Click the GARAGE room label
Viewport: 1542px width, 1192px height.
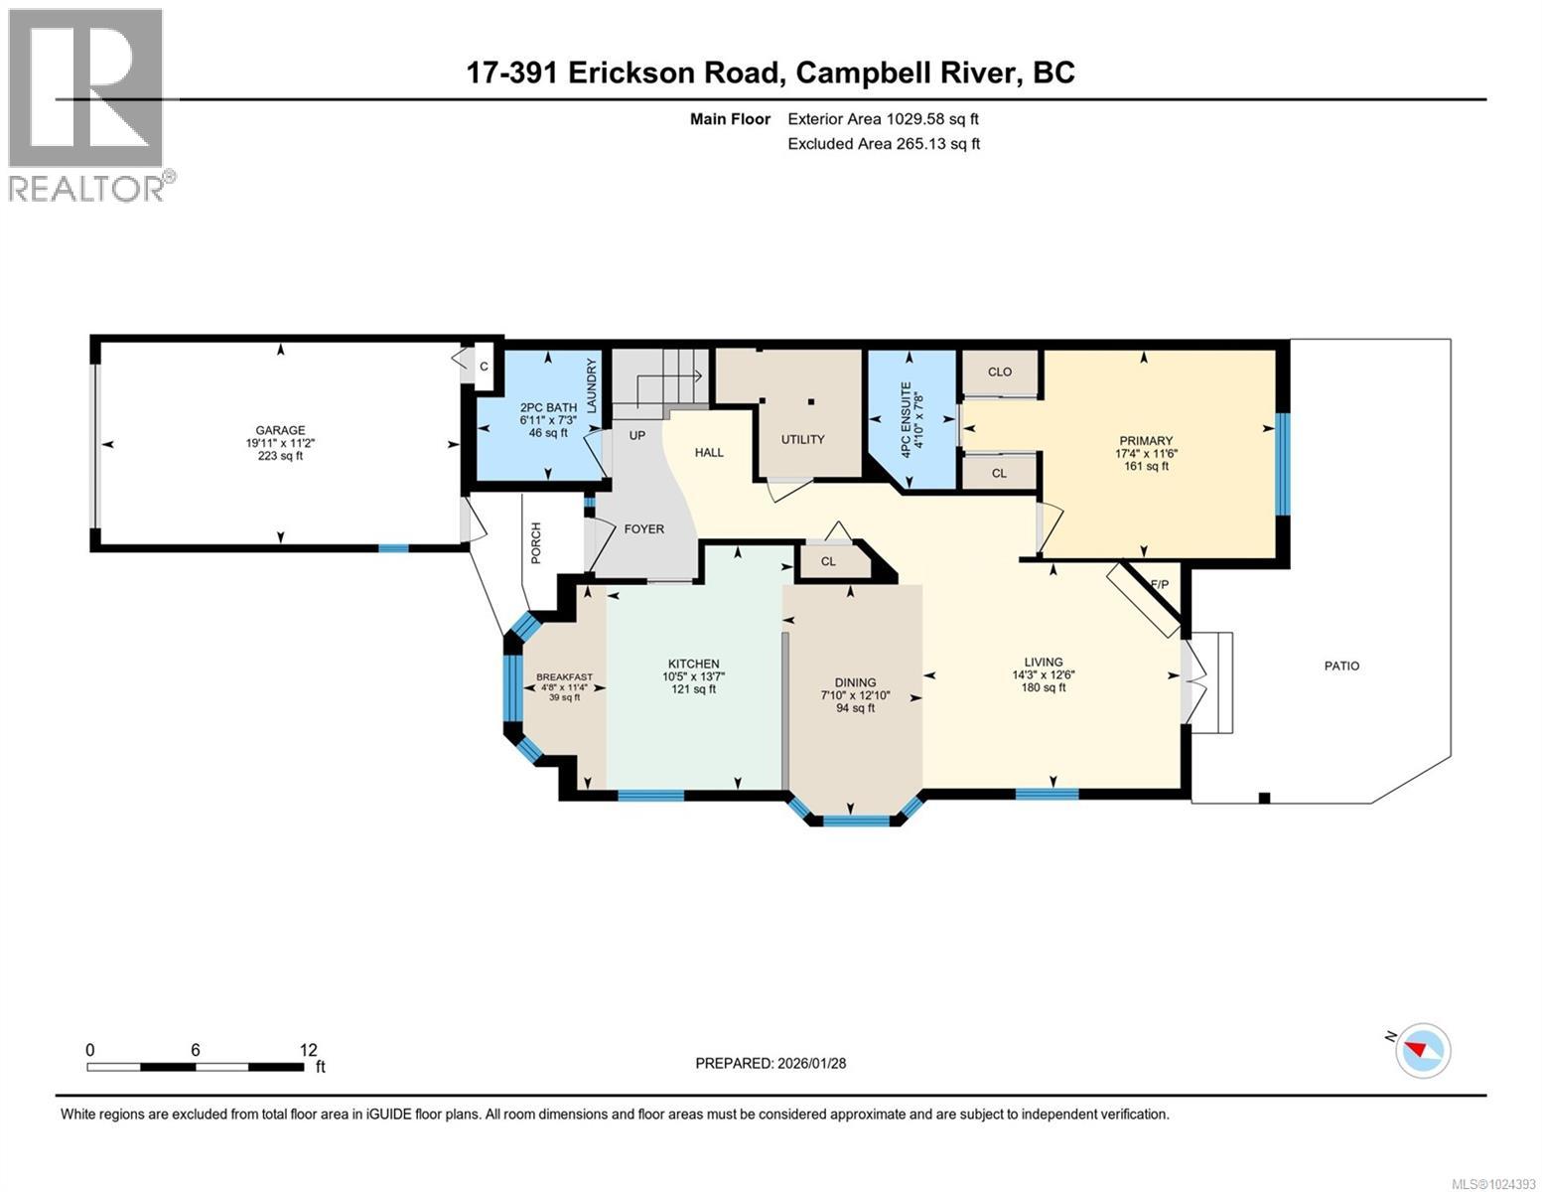coord(281,430)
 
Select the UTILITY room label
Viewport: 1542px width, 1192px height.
coord(802,439)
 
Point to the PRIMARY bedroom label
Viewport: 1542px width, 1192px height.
coord(1146,441)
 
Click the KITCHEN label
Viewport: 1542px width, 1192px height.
coord(693,664)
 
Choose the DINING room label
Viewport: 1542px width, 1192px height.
coord(855,682)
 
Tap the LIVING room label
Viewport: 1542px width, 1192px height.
coord(1044,662)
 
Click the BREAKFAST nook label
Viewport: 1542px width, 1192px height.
coord(564,677)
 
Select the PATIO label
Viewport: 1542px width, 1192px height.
coord(1341,666)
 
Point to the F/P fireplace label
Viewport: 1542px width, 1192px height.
coord(1159,584)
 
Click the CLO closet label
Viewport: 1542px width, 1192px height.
coord(1000,372)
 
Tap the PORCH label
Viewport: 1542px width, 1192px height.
coord(536,543)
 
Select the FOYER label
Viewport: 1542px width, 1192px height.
coord(643,528)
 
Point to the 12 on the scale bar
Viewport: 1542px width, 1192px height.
coord(308,1050)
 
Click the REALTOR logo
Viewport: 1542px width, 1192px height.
coord(87,104)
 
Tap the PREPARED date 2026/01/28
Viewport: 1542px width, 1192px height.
coord(771,1063)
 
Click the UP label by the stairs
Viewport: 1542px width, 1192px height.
coord(637,435)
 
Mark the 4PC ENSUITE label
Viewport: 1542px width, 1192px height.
coord(911,419)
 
